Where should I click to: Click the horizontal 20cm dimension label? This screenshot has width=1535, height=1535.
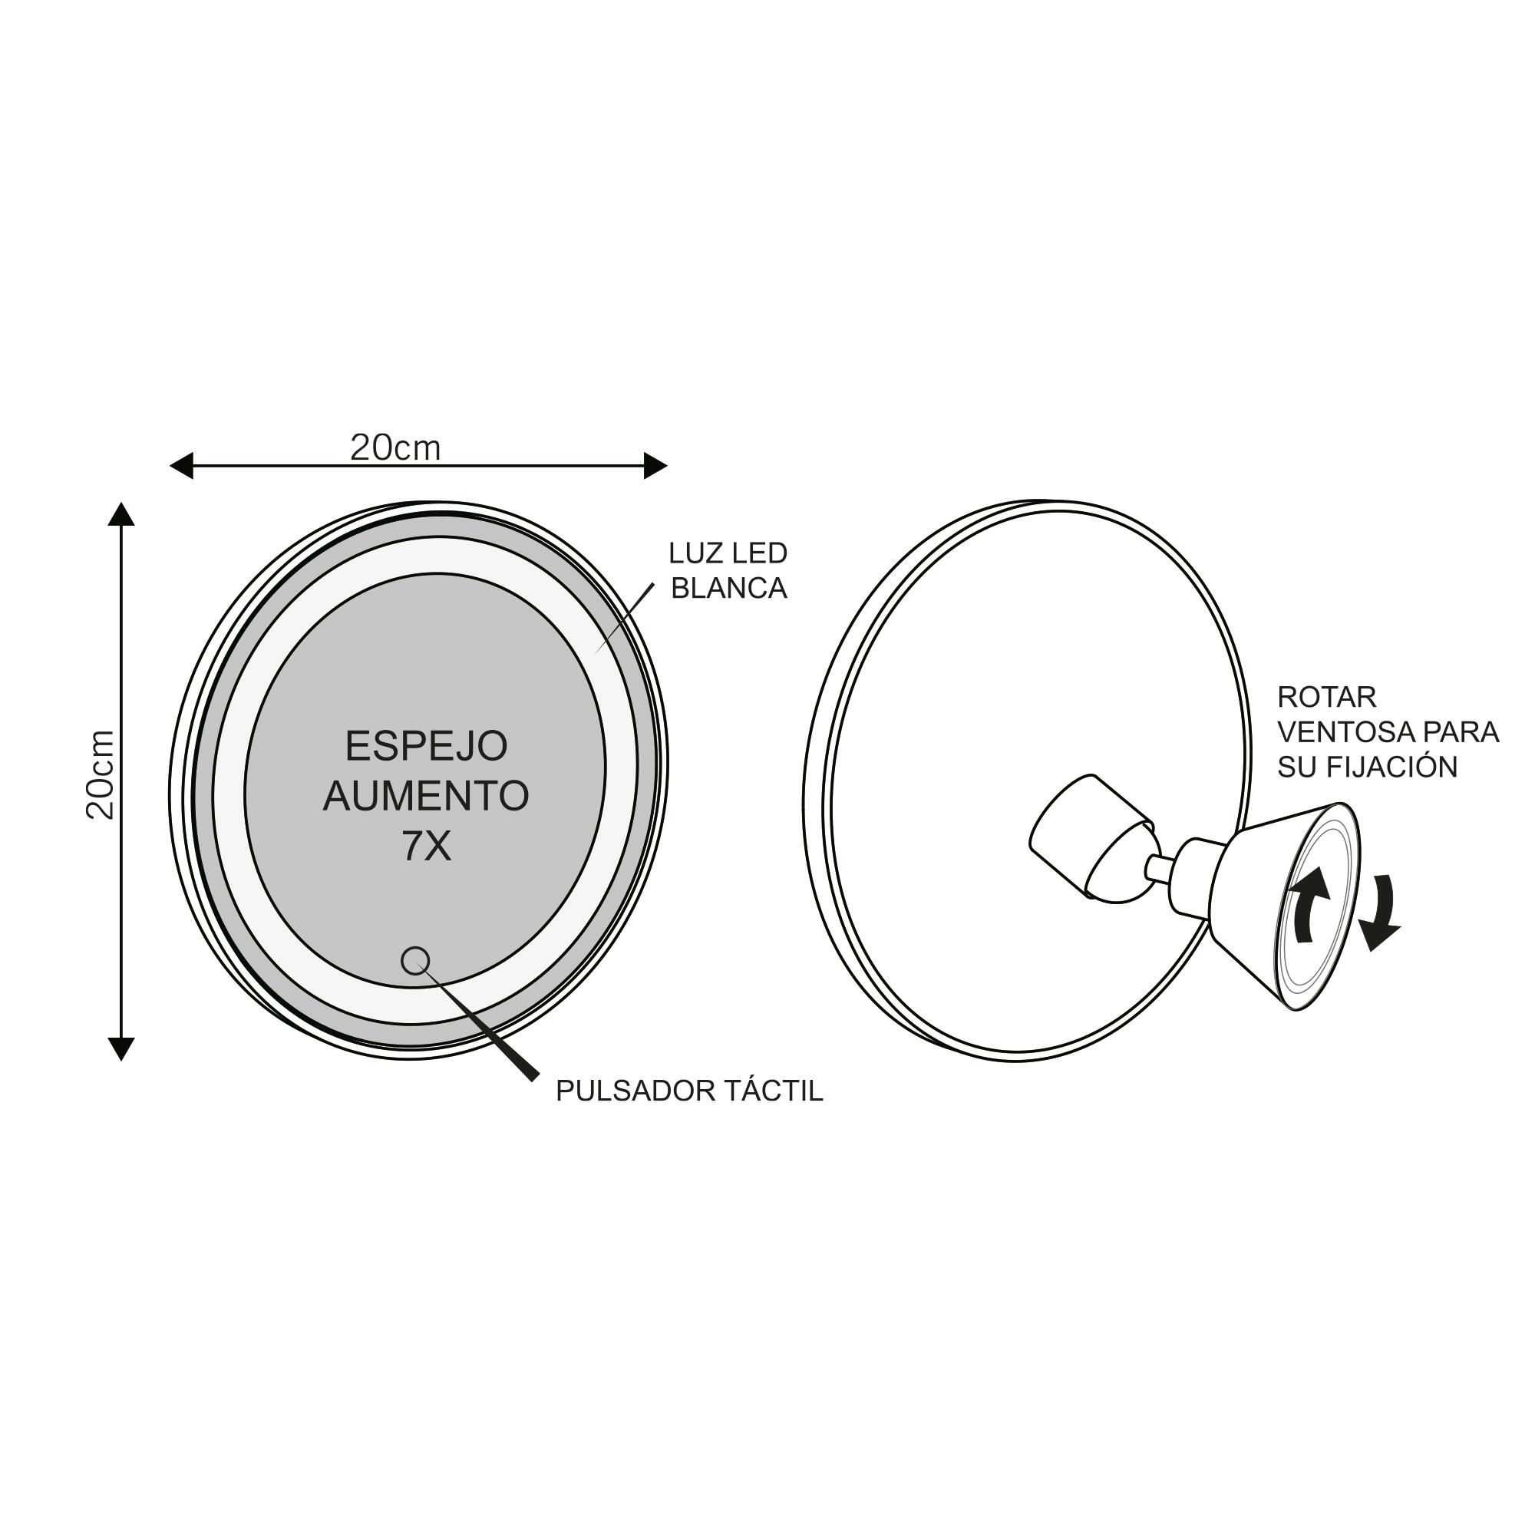[394, 449]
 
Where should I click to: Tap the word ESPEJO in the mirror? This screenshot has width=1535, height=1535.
[427, 746]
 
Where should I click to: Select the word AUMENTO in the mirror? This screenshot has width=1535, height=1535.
[426, 795]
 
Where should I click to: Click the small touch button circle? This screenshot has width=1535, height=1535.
[414, 961]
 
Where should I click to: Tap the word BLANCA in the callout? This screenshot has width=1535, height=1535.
[728, 588]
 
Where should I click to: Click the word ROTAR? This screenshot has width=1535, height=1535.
[1326, 697]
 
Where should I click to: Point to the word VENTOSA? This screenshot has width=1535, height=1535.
[1342, 731]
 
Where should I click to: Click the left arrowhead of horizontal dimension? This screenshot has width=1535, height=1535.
[181, 466]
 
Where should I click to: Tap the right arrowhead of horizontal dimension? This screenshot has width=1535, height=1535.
[655, 466]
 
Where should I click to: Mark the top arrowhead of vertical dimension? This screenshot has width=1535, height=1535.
[120, 514]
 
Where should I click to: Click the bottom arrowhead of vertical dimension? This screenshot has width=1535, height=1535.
[120, 1048]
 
